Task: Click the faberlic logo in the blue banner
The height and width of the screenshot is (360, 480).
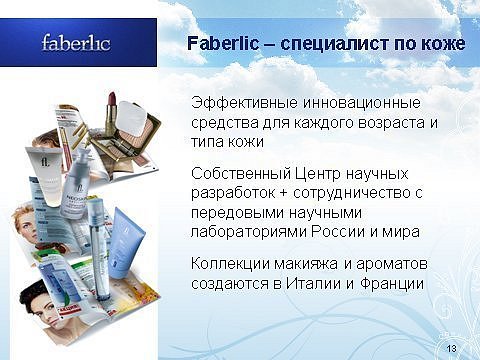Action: [76, 43]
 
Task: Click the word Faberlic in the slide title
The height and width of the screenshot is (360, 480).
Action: [223, 44]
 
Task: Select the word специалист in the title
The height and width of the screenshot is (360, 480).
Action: [335, 44]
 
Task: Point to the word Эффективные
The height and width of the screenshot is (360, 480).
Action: [244, 103]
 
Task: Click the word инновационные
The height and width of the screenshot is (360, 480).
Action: [362, 103]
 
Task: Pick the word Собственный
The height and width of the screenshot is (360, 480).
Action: [241, 173]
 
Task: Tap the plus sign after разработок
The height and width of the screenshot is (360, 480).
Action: [284, 194]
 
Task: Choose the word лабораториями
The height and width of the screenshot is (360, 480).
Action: [249, 232]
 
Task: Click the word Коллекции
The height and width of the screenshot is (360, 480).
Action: [231, 264]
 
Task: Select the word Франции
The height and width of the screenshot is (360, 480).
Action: [392, 284]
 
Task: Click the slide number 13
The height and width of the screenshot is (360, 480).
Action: [451, 349]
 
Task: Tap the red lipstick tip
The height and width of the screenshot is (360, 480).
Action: [111, 98]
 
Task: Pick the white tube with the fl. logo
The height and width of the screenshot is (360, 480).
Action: [46, 175]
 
